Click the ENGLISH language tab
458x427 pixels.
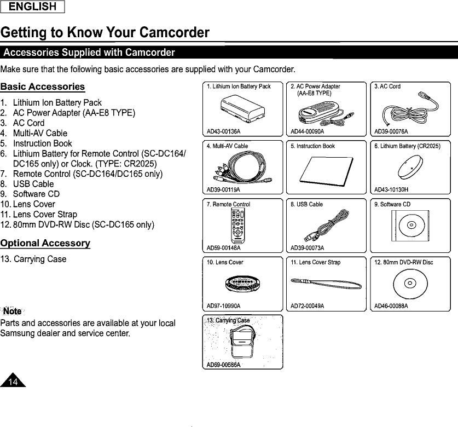(x=32, y=7)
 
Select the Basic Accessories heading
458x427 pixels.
(x=43, y=86)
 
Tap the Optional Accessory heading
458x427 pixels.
(x=45, y=243)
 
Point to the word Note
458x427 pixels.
(x=12, y=311)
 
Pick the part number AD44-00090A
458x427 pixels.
(x=308, y=131)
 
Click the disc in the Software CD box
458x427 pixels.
(x=410, y=226)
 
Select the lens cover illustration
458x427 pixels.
(x=241, y=284)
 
